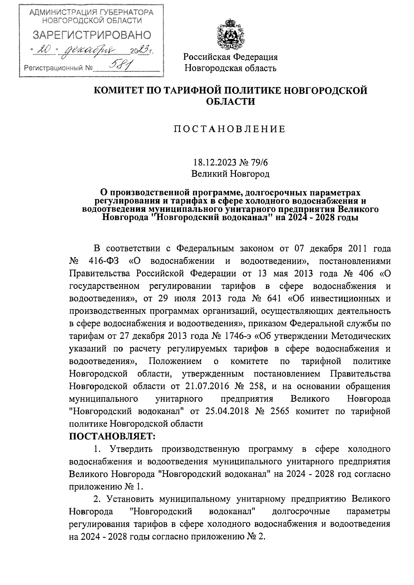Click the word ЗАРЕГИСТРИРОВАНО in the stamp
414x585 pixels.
pos(91,35)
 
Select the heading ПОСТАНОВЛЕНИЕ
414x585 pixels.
pos(230,129)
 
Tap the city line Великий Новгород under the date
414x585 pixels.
pos(230,174)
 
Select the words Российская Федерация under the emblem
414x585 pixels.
pos(230,57)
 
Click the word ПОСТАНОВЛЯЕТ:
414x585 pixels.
pos(112,437)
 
